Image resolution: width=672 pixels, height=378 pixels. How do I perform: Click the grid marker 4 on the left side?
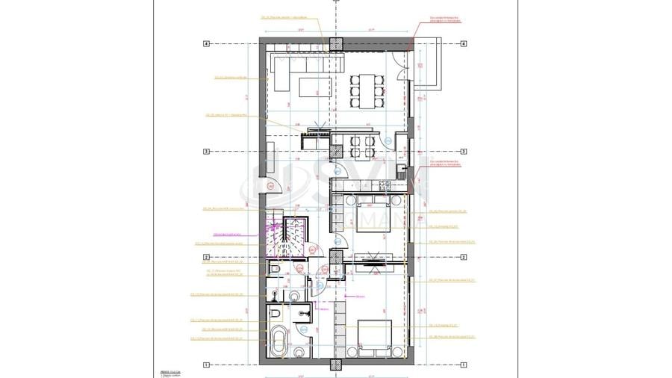[x=205, y=44]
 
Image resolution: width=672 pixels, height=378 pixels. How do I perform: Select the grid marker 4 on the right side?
[x=464, y=44]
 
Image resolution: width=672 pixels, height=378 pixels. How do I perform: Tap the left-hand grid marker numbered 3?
[x=205, y=152]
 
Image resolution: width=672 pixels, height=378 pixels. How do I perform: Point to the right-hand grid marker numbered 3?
[x=464, y=152]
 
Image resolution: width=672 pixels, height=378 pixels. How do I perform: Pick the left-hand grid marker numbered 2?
[x=205, y=257]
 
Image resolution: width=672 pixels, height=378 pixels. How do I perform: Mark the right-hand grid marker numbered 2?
[x=464, y=257]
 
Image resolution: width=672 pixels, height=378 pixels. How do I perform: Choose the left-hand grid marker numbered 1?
[x=205, y=365]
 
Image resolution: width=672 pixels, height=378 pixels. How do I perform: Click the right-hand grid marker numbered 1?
[x=464, y=365]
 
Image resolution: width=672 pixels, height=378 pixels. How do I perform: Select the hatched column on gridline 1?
[x=335, y=365]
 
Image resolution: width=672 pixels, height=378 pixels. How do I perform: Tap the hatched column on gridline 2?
[x=335, y=258]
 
